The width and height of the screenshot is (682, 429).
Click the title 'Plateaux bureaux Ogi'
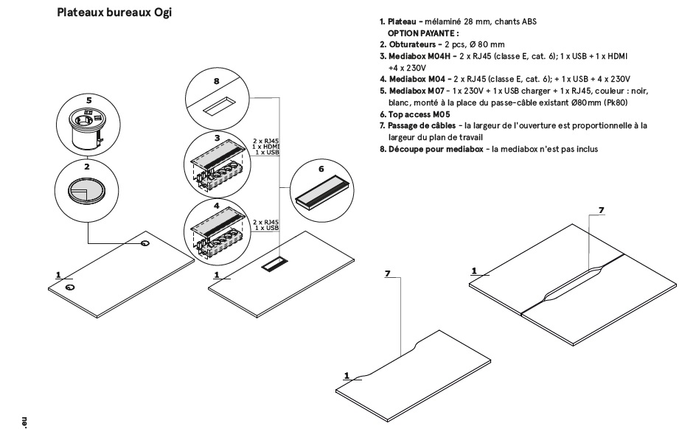pos(114,13)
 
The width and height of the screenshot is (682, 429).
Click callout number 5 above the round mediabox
pos(88,99)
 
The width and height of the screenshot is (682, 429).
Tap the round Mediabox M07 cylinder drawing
pos(88,128)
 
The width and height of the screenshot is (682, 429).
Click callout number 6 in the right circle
pos(321,168)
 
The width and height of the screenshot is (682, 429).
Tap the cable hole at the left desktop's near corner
pos(69,287)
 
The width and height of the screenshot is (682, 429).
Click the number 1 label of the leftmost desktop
pos(58,274)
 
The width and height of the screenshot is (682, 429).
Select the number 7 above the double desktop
pos(601,210)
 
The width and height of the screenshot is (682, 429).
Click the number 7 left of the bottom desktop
pos(388,273)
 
